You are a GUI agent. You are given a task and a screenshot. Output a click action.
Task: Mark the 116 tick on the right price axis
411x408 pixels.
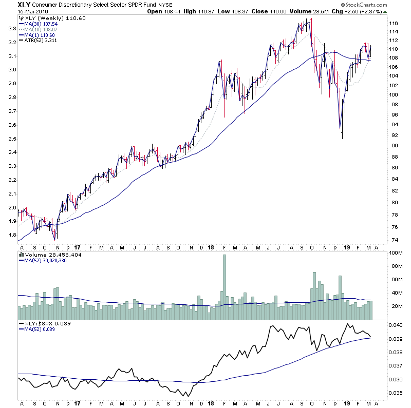tap(394, 24)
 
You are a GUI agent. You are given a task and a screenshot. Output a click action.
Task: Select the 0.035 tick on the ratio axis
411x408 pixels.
tap(396, 393)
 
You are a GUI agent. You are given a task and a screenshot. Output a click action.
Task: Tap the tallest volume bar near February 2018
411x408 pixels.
tap(224, 280)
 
